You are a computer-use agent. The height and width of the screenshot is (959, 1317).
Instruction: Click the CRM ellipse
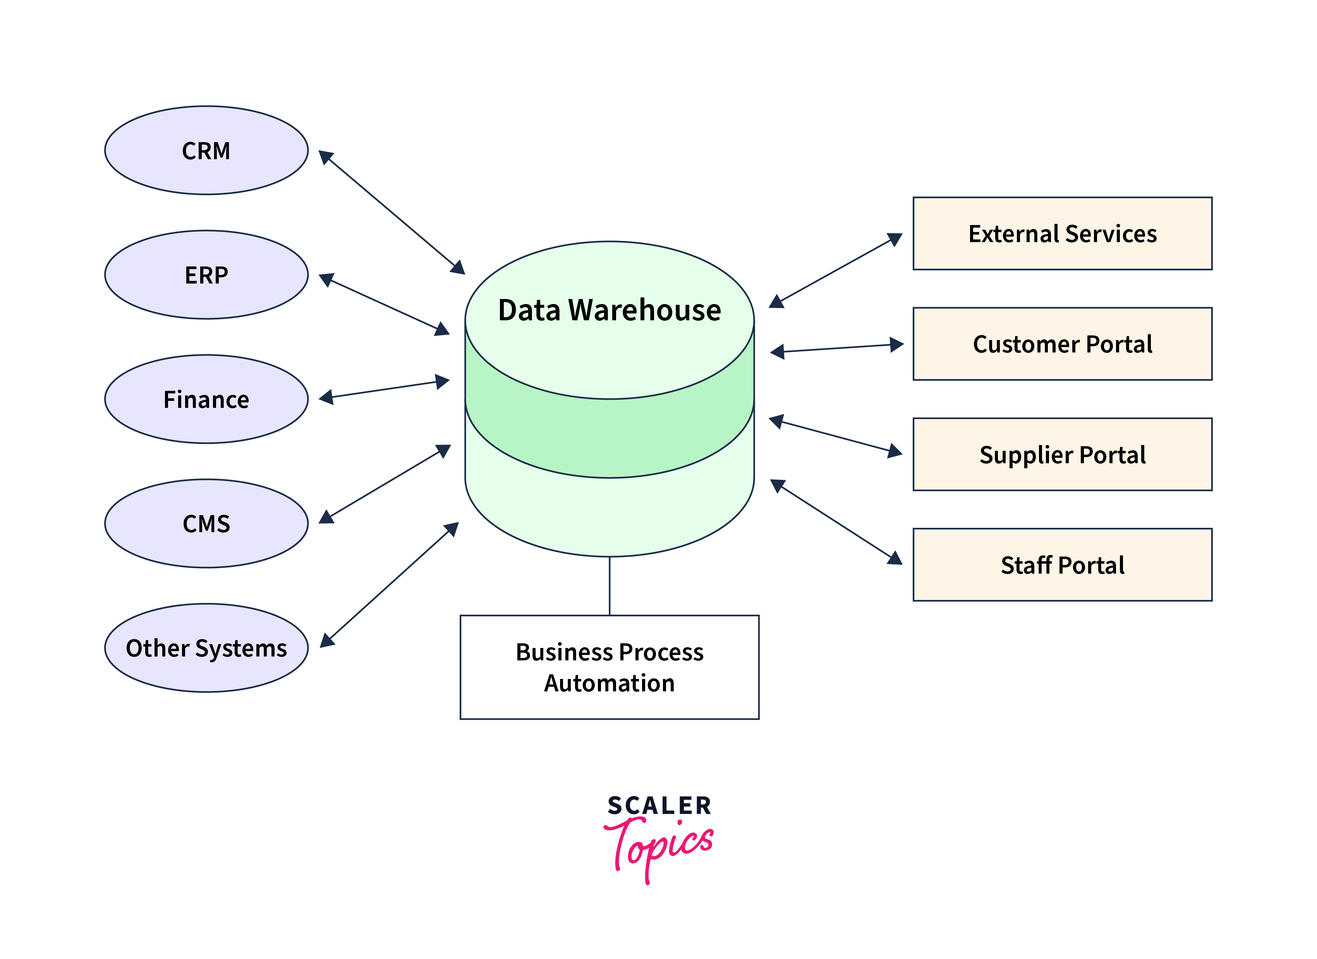206,150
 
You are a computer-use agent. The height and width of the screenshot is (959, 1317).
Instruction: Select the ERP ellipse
206,275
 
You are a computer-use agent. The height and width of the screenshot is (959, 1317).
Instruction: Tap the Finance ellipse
206,399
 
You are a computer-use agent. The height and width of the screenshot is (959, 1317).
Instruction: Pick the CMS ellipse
206,523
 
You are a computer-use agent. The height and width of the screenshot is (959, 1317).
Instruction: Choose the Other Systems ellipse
206,648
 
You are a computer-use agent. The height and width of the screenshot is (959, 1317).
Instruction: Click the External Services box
1062,234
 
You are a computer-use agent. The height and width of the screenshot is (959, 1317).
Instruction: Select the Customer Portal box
1062,344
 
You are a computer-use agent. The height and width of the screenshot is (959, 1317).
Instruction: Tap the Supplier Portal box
1062,454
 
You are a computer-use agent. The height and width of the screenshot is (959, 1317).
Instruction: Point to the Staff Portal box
1062,565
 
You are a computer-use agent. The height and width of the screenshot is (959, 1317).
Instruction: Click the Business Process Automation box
609,667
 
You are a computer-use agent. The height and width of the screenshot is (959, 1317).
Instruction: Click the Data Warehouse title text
609,309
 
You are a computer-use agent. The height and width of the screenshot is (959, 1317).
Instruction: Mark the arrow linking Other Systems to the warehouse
389,585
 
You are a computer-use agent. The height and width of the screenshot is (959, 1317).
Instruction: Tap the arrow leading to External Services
836,270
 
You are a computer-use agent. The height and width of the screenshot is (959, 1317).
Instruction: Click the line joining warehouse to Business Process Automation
609,586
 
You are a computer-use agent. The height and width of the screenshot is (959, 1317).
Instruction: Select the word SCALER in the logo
659,806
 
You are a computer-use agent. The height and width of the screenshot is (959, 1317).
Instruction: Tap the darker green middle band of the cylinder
609,438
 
